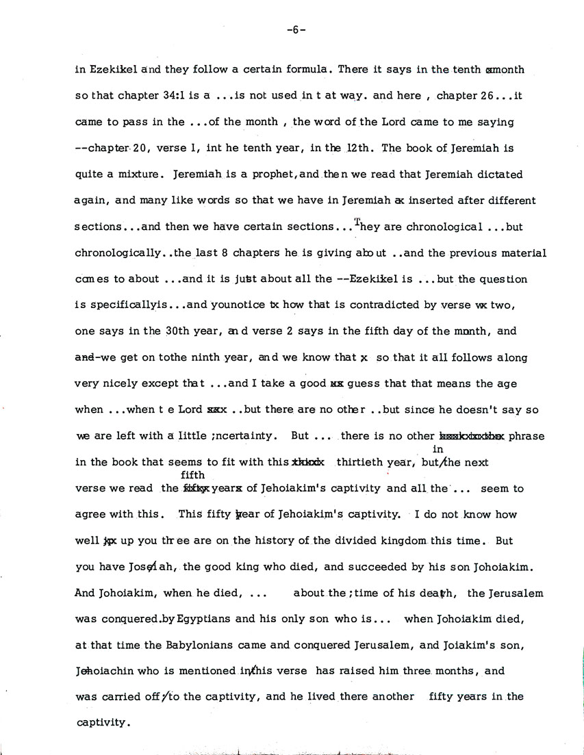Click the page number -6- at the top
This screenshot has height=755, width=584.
[296, 30]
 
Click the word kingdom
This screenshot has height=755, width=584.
[388, 540]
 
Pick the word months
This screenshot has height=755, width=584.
[446, 670]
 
